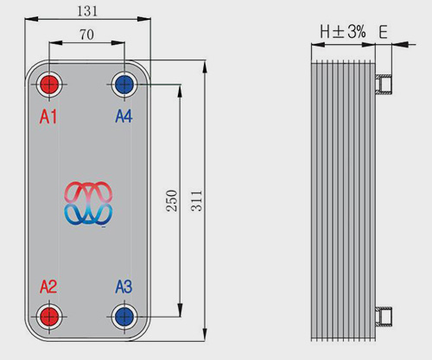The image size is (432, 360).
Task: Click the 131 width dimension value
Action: pos(87,11)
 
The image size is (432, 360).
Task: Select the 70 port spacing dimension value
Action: pos(86,35)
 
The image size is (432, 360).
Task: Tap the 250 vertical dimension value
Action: pos(172,200)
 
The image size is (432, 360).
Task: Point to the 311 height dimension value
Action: pos(197,200)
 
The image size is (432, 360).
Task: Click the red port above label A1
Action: pos(49,85)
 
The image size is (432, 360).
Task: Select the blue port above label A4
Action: pos(124,85)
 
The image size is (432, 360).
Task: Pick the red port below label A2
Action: pos(49,317)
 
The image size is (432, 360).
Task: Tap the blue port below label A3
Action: pos(124,317)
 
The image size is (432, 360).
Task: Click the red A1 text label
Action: pos(48,117)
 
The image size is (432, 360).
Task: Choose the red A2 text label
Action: pos(48,287)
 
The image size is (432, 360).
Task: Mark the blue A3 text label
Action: pos(124,287)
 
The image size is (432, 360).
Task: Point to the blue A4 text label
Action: pos(124,117)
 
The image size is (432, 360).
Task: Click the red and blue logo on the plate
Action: pos(88,203)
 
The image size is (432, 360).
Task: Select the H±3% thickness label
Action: pos(343,31)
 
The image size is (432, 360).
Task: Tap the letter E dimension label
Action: pos(383,32)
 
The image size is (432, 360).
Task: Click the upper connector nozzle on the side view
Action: pos(384,84)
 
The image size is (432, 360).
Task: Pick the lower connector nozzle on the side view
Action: pos(384,316)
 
